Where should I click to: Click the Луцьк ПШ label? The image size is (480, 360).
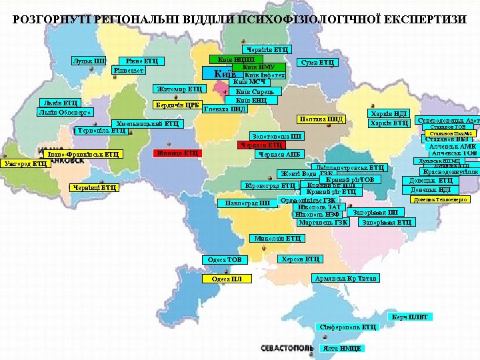tap(90, 61)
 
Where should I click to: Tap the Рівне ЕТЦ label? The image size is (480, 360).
tap(142, 61)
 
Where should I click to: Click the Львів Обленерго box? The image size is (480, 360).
tap(65, 111)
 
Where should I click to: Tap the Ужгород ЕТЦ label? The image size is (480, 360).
tap(25, 163)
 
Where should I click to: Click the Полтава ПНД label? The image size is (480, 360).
tap(321, 119)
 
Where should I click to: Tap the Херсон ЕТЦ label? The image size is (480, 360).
tap(299, 259)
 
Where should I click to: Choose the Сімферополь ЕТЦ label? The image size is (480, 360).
tap(347, 327)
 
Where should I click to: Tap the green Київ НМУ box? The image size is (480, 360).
tap(258, 67)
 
